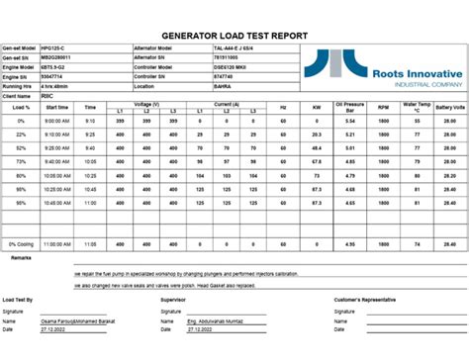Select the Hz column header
click(282, 106)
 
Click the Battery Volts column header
click(453, 106)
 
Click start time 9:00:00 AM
click(56, 121)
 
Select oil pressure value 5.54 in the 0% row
click(349, 121)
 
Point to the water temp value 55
click(418, 121)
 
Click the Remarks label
click(21, 258)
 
